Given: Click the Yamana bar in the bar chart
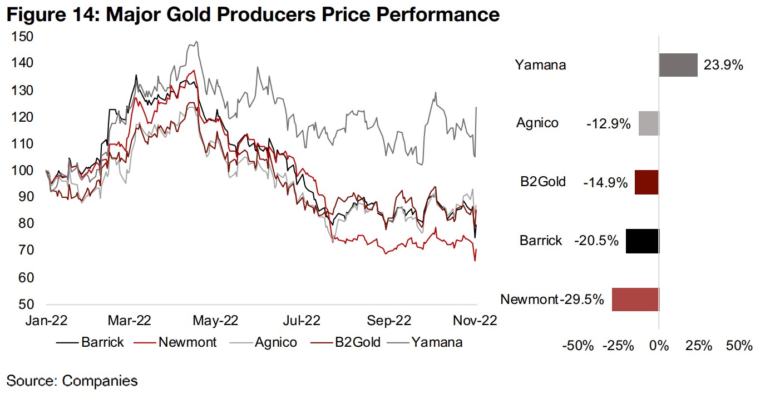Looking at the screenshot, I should coord(678,64).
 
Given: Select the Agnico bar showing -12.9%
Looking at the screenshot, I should coord(648,123).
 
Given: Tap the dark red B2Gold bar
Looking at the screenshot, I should coord(646,182).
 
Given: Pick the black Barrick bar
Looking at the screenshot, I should coord(642,241).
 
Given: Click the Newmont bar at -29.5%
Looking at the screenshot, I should coord(635,300).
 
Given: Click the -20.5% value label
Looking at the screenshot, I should coord(596,241).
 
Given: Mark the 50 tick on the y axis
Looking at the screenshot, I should coord(26,305).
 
